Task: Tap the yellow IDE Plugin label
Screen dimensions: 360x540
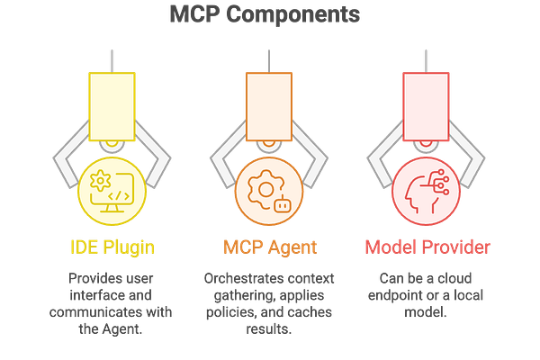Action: tap(112, 245)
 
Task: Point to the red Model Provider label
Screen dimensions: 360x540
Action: tap(427, 245)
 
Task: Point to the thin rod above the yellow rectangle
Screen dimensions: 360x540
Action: tap(112, 59)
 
